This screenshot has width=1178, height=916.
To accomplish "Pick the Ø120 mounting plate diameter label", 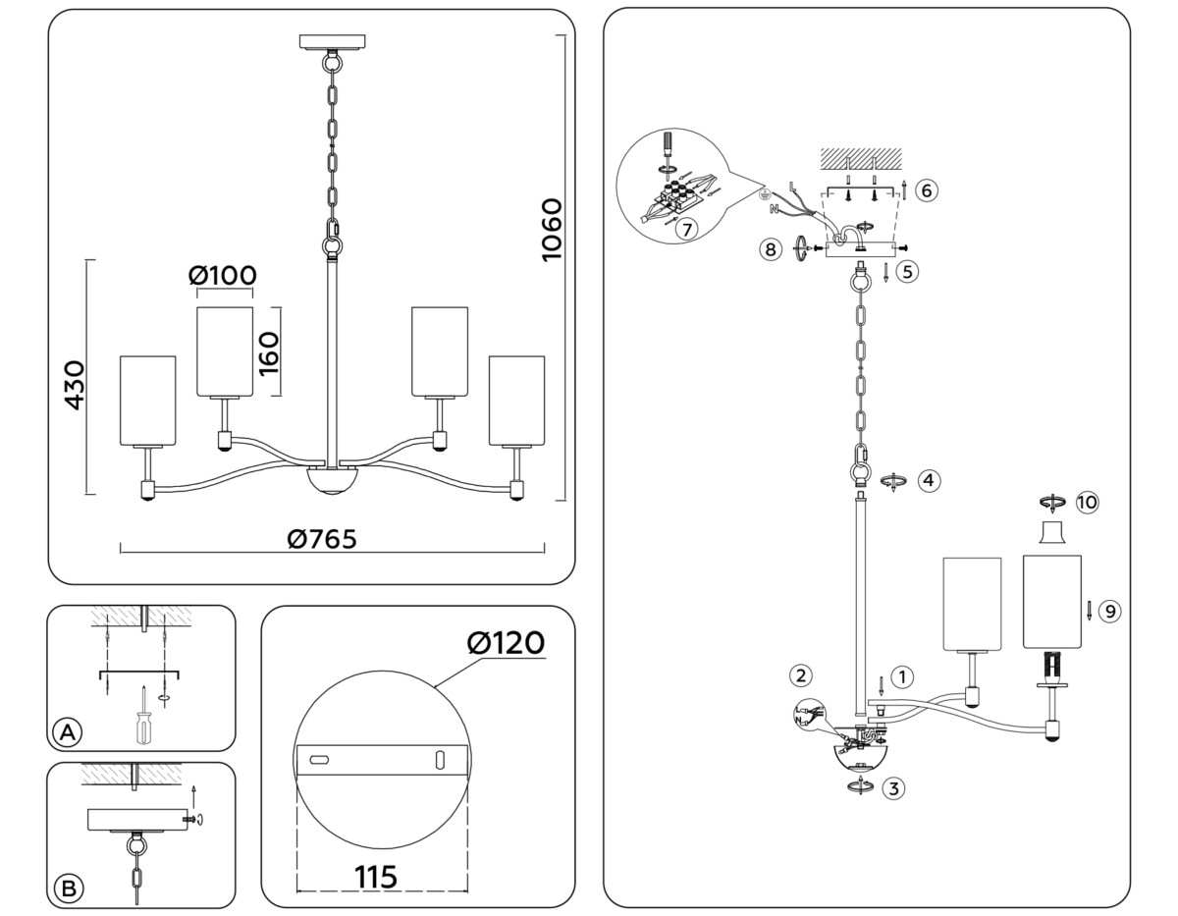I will (507, 643).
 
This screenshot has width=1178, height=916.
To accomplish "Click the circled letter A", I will (67, 732).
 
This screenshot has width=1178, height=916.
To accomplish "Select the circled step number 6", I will (926, 190).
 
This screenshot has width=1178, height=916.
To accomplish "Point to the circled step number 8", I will (772, 250).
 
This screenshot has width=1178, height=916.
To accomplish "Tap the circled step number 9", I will (1109, 611).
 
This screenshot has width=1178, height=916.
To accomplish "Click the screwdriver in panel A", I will (143, 721).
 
